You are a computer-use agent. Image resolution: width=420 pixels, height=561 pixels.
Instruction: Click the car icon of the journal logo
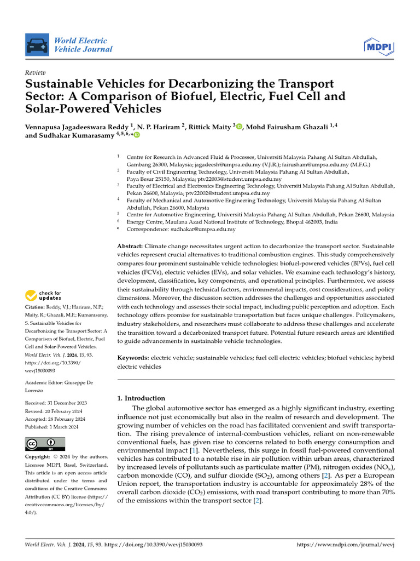(37, 45)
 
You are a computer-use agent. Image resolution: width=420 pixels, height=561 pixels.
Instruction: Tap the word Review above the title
(36, 73)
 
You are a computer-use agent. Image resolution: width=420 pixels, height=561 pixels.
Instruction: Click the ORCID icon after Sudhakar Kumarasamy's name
(137, 135)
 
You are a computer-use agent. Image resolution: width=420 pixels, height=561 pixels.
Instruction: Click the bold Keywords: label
(133, 357)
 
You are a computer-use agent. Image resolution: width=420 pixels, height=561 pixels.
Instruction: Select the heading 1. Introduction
(142, 398)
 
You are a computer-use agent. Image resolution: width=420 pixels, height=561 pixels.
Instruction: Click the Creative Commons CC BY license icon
(45, 444)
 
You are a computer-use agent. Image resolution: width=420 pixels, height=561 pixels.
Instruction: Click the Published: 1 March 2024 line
(52, 427)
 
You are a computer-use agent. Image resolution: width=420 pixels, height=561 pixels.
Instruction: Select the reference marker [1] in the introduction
(193, 450)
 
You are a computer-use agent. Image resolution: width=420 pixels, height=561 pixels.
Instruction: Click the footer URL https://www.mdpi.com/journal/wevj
(345, 545)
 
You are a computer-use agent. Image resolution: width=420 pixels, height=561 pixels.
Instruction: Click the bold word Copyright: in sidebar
(38, 457)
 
